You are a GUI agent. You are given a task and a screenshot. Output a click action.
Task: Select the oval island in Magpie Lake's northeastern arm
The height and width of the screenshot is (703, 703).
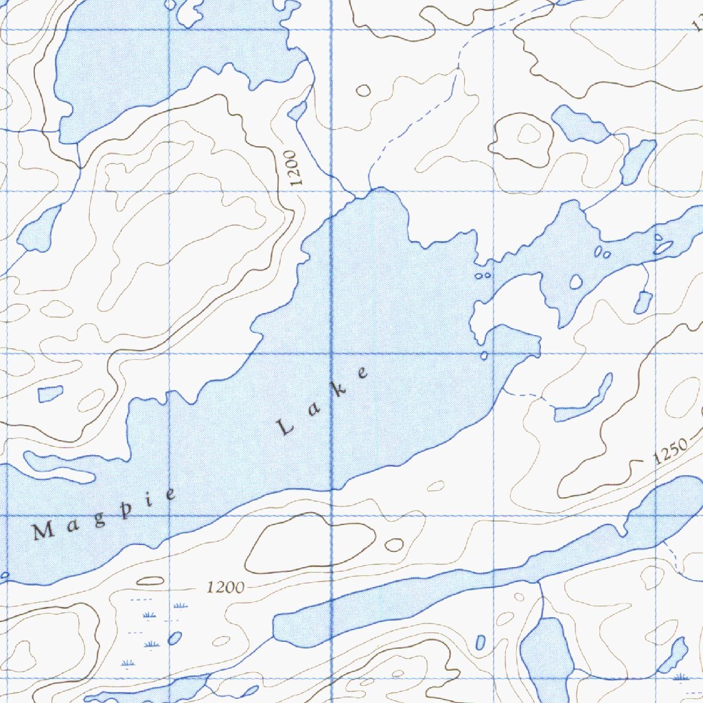(576, 281)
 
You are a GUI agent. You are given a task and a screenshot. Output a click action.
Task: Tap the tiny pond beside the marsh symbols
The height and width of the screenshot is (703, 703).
(175, 638)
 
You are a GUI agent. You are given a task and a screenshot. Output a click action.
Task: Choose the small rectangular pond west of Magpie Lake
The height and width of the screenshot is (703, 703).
(50, 394)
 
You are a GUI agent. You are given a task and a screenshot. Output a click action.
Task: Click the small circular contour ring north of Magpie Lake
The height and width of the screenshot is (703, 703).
(363, 90)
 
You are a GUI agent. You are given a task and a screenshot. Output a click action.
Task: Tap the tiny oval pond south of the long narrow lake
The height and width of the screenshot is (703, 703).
(480, 643)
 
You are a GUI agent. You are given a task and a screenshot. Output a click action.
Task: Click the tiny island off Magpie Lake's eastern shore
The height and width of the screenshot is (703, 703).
(485, 355)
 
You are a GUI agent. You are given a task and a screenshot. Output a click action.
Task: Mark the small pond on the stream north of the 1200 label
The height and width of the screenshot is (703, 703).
(297, 111)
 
